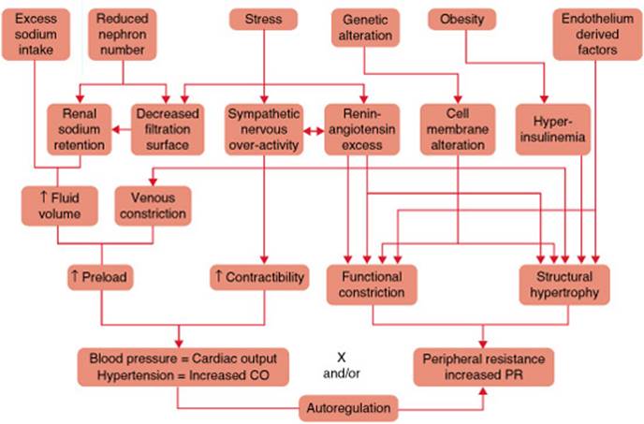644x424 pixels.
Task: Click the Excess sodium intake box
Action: point(37,34)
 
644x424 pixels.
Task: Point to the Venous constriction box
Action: point(153,206)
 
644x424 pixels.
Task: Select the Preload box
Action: point(97,278)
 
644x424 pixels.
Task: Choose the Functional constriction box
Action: point(372,285)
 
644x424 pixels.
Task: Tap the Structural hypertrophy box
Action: point(564,285)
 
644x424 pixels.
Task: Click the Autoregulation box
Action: point(349,407)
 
